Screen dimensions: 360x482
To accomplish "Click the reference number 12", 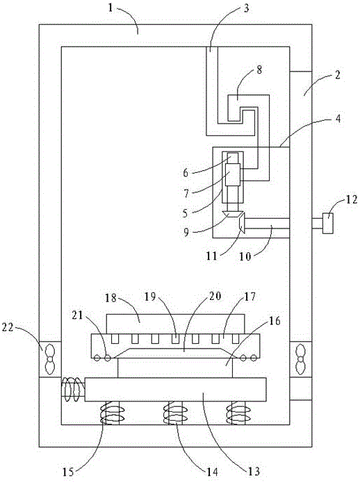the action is pyautogui.click(x=351, y=200).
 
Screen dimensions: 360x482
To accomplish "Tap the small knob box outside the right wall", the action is pyautogui.click(x=328, y=224).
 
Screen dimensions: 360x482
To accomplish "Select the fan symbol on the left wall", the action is pyautogui.click(x=49, y=359).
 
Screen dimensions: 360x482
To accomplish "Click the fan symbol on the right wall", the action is pyautogui.click(x=300, y=359).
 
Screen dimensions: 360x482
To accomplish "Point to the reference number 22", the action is pyautogui.click(x=8, y=328).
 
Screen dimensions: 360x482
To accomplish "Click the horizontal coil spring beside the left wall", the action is pyautogui.click(x=72, y=389).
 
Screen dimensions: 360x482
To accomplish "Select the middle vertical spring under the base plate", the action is pyautogui.click(x=175, y=413).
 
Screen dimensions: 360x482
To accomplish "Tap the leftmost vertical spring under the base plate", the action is pyautogui.click(x=113, y=413).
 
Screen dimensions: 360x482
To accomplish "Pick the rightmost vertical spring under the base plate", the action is pyautogui.click(x=238, y=413).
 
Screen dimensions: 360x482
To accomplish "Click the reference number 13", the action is pyautogui.click(x=254, y=471).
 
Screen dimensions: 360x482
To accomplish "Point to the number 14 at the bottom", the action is pyautogui.click(x=212, y=472).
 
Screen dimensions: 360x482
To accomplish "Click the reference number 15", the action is pyautogui.click(x=68, y=472).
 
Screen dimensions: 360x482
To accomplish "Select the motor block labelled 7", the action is pyautogui.click(x=233, y=175).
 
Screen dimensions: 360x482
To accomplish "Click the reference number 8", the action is pyautogui.click(x=259, y=69).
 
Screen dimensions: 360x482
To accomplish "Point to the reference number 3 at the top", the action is pyautogui.click(x=246, y=8).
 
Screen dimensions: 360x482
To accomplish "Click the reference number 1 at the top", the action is pyautogui.click(x=111, y=8).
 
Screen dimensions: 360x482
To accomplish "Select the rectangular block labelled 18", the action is pyautogui.click(x=175, y=324).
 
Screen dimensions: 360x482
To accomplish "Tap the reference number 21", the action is pyautogui.click(x=77, y=315).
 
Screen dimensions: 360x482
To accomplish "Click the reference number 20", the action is pyautogui.click(x=215, y=297).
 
